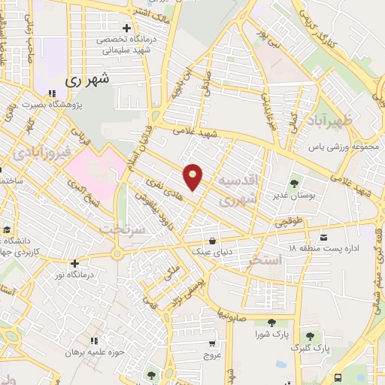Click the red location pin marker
coord(193,176)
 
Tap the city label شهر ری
coord(88,78)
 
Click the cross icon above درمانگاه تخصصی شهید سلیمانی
coord(127,27)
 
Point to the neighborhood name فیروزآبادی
coord(42,153)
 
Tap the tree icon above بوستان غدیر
coord(294,182)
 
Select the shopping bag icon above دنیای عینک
coord(214,241)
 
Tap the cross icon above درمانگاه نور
coord(74,263)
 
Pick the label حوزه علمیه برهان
coord(92,351)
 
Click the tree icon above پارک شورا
coord(271,323)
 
